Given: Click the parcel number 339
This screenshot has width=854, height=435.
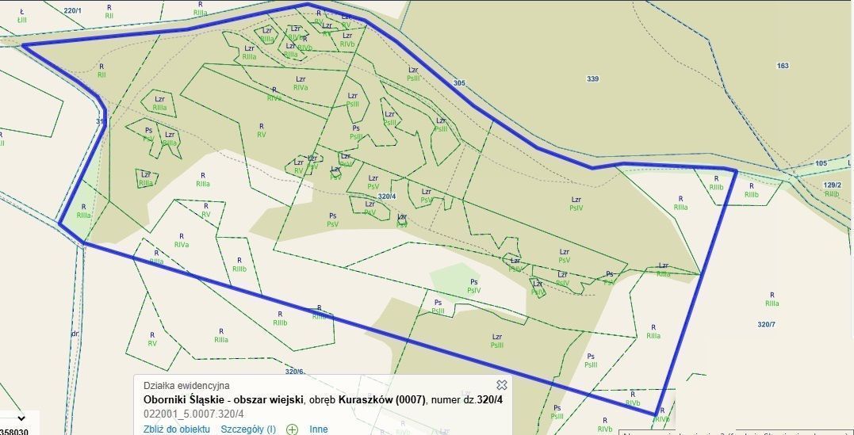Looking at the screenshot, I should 592,78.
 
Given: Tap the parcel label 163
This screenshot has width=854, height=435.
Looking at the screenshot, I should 783,66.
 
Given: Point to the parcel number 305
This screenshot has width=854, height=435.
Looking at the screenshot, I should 460,82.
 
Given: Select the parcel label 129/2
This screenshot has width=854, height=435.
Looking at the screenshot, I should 832,185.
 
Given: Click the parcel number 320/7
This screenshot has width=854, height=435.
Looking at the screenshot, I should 767,324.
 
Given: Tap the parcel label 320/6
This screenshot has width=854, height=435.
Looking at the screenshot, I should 294,371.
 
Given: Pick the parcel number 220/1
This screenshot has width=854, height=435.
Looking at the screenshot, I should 72,10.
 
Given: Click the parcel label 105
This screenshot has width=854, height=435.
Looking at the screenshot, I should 821,163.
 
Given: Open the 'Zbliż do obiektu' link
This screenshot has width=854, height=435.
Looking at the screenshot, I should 176,429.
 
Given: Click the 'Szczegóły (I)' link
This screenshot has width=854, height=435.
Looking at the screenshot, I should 249,429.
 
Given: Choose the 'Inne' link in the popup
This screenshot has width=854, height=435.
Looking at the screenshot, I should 319,429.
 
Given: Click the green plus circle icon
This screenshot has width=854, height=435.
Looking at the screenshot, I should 293,429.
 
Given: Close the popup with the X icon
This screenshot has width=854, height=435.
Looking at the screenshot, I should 501,385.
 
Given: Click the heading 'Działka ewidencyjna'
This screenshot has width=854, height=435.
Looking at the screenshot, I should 186,386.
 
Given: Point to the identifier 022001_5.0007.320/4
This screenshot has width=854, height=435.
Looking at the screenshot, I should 193,414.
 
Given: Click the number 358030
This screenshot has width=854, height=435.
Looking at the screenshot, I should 14,431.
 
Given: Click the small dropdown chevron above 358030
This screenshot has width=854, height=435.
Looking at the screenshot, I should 21,418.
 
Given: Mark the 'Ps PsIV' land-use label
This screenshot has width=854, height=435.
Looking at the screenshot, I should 473,286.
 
